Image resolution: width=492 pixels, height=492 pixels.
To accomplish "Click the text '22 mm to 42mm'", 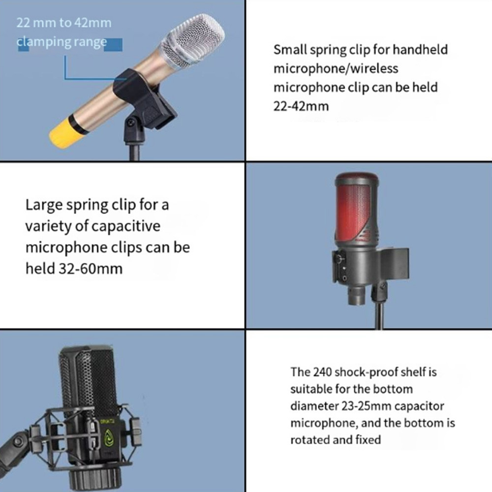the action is (63, 23).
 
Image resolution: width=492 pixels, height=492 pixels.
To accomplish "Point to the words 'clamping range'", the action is (61, 42).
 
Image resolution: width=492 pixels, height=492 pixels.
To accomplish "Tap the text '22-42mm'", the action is (301, 106).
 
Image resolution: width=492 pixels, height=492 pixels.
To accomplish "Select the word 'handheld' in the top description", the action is (420, 50).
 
